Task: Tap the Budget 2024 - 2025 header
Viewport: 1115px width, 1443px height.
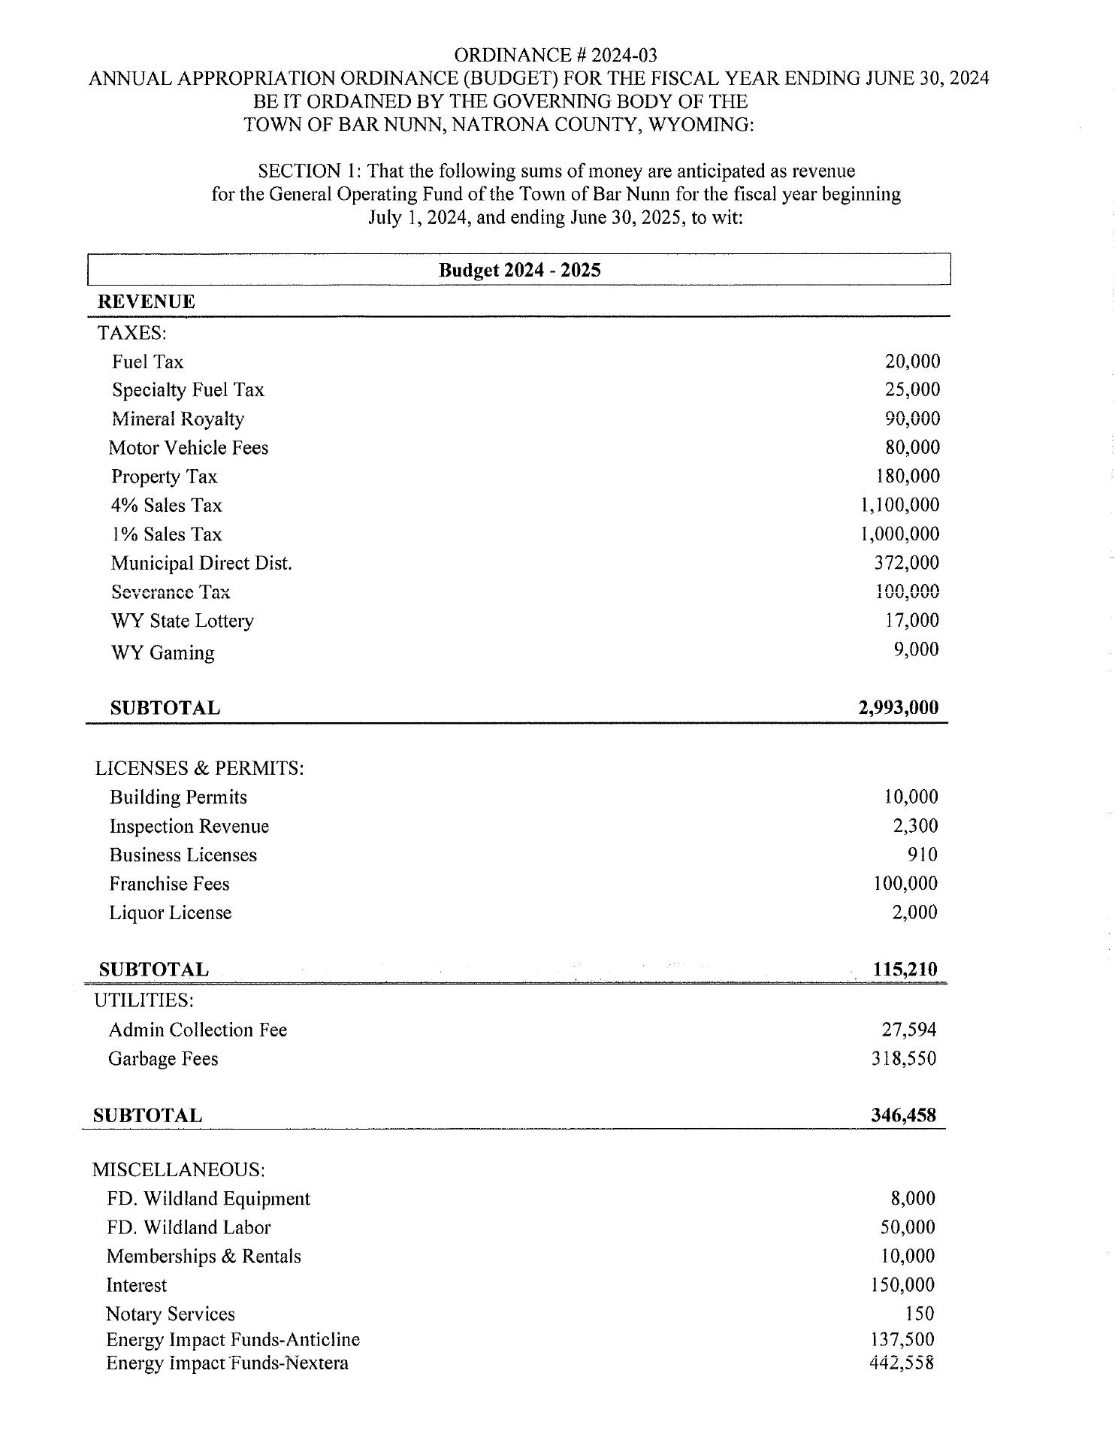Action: [519, 270]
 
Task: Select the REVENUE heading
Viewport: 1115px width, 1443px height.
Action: [147, 302]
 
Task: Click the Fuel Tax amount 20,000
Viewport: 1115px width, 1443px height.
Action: [912, 362]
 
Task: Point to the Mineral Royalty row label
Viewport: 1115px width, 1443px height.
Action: [178, 419]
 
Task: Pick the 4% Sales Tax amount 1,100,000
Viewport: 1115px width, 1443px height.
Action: [899, 505]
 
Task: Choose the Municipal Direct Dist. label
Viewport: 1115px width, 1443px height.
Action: [201, 563]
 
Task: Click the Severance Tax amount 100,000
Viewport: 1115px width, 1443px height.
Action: [908, 591]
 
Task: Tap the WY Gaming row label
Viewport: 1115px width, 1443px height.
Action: [163, 652]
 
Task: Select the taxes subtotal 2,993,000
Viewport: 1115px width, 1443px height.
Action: [898, 707]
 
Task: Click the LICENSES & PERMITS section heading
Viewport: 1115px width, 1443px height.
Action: [199, 768]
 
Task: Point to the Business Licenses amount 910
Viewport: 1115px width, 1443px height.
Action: [922, 855]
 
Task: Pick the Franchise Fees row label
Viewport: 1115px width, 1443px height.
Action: [170, 884]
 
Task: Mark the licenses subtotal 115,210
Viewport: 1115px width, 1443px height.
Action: [905, 969]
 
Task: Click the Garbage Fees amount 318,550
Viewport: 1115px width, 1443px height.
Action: [904, 1058]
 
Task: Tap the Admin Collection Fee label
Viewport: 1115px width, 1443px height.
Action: [198, 1030]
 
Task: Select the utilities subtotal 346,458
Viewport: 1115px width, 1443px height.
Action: [904, 1115]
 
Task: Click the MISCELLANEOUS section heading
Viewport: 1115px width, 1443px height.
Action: [178, 1169]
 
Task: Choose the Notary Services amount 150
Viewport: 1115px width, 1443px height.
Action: [920, 1314]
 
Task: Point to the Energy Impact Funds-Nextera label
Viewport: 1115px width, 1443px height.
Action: [227, 1363]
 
